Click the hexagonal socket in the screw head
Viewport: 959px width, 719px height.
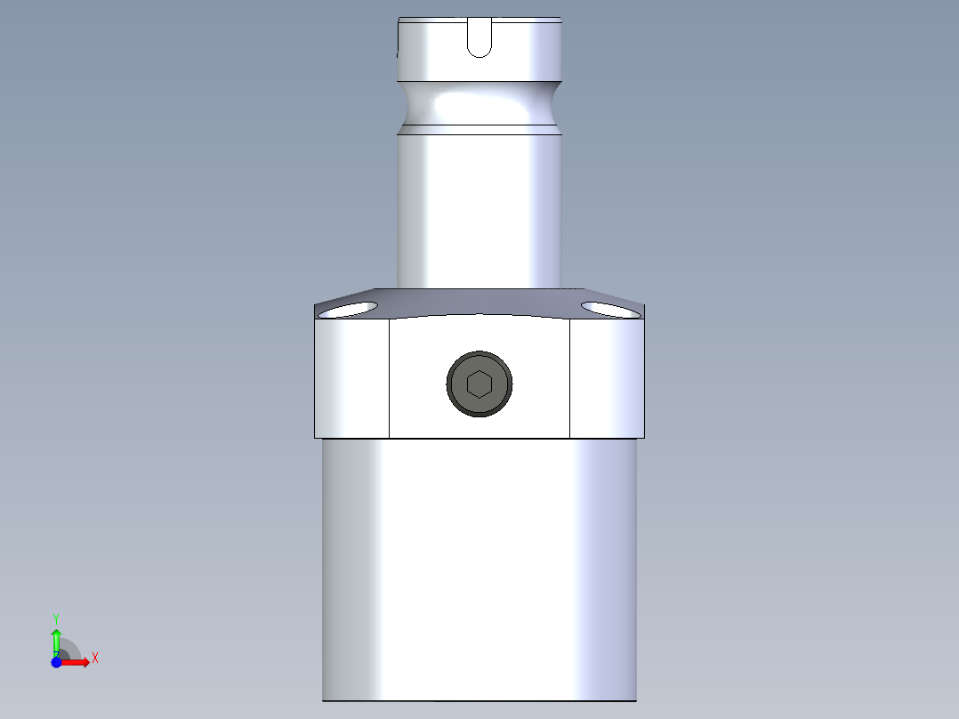pyautogui.click(x=479, y=384)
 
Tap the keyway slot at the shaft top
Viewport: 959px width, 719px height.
pyautogui.click(x=479, y=37)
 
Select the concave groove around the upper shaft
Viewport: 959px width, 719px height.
pyautogui.click(x=479, y=106)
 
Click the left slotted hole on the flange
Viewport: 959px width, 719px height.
pyautogui.click(x=351, y=310)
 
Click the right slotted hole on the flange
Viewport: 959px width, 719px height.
pyautogui.click(x=609, y=309)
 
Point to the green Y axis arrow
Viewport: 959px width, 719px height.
pyautogui.click(x=56, y=640)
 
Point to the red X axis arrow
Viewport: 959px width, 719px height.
pyautogui.click(x=77, y=662)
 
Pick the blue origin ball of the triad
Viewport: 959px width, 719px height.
pyautogui.click(x=56, y=662)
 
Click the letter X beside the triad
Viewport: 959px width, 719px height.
pyautogui.click(x=95, y=658)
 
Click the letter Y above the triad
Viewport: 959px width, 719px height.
pyautogui.click(x=56, y=618)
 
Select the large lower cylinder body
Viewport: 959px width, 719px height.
pyautogui.click(x=479, y=570)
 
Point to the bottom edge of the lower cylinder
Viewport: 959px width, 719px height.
pyautogui.click(x=479, y=700)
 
